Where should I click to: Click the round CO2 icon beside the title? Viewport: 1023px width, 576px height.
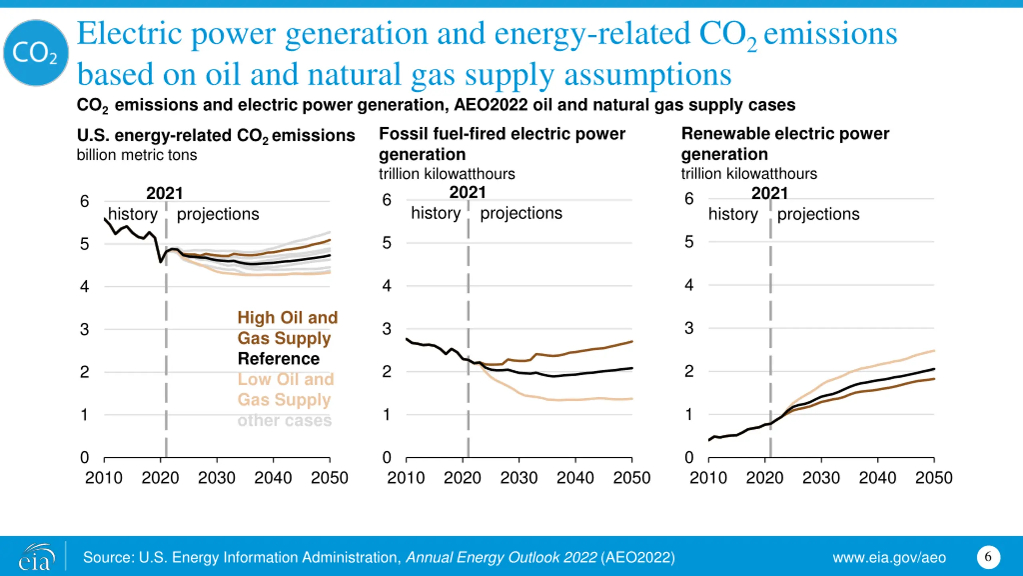[x=36, y=53]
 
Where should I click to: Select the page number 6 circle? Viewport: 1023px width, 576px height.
[x=988, y=557]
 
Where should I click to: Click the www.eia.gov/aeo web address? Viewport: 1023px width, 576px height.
[x=889, y=558]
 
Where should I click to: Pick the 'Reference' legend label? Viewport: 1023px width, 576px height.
[x=279, y=359]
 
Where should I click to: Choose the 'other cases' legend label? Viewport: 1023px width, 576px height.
[x=285, y=420]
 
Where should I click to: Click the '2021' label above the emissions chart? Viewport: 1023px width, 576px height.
[x=164, y=194]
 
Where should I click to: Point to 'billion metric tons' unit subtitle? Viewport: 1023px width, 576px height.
[x=137, y=155]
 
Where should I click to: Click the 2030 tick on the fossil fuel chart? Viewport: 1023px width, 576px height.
[x=519, y=478]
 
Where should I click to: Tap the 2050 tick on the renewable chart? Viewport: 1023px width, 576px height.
[x=934, y=478]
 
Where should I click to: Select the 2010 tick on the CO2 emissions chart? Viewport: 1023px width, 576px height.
[x=104, y=478]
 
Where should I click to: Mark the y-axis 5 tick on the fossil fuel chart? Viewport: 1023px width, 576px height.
[x=386, y=243]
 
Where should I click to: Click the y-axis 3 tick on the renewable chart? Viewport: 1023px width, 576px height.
[x=689, y=328]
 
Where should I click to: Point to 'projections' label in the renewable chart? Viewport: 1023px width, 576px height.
[x=818, y=214]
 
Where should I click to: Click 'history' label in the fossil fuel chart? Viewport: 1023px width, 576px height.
[x=436, y=213]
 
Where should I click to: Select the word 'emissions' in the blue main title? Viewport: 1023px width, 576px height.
[x=830, y=34]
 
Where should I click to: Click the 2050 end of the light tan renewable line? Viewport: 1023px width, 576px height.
[x=933, y=351]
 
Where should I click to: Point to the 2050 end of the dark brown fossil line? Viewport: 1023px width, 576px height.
[x=631, y=342]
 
